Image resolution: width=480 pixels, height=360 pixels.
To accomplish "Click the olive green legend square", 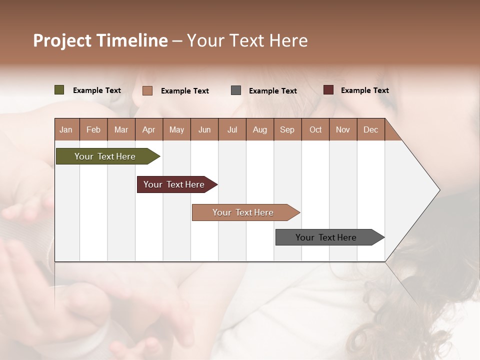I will pos(59,90).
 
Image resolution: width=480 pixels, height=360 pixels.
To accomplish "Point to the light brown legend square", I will pos(147,90).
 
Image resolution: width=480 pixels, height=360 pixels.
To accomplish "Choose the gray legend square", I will pos(236,90).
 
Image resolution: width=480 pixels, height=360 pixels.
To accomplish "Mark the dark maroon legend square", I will pos(328,90).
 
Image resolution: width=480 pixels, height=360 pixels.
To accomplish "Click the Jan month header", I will pos(66,129).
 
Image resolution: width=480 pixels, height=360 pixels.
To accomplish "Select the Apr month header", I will pos(149,129).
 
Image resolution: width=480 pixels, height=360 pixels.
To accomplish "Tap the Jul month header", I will pos(232,129).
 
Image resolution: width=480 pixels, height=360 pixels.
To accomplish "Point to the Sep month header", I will pos(287,129).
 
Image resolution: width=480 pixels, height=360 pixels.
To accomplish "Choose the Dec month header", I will pos(370,129).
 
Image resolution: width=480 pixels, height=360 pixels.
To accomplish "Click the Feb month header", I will pos(93,129).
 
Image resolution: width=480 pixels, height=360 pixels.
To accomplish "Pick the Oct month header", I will pos(315,129).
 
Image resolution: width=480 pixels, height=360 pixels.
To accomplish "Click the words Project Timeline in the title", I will pos(100,40).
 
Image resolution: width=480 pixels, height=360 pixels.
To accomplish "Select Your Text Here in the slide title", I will pos(247,40).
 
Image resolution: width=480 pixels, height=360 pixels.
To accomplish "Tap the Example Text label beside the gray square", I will pos(272,91).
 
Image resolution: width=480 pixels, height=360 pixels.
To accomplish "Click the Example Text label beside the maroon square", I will pos(364,90).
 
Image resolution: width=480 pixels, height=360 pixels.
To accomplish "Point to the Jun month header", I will pos(204,129).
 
